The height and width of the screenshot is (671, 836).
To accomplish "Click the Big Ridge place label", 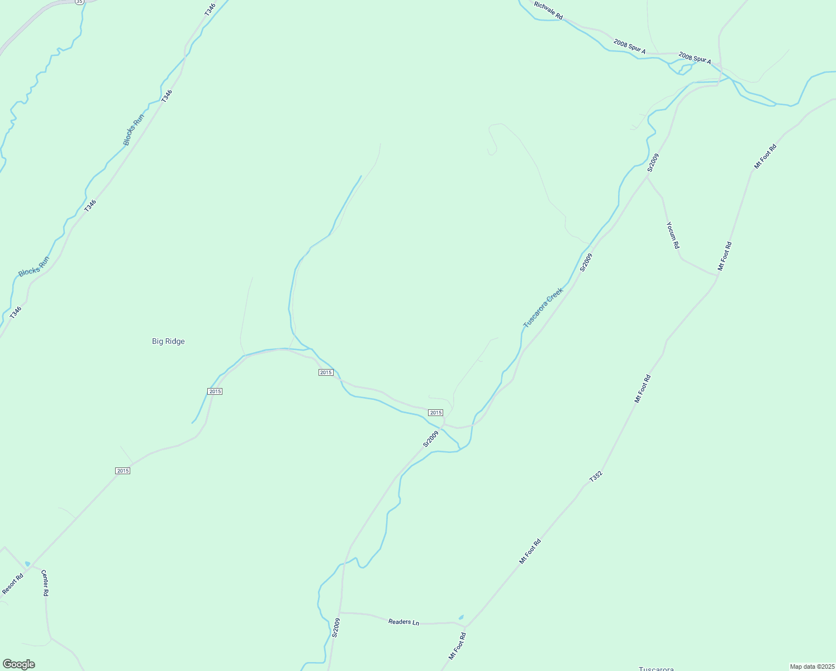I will click(168, 341).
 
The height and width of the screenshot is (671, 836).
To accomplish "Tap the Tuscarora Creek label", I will click(543, 308).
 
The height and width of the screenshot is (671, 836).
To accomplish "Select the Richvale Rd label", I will click(548, 11).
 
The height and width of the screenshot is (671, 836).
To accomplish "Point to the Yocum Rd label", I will click(673, 235).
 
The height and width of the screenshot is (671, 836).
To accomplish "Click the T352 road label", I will click(596, 477).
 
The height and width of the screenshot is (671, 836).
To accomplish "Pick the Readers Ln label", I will click(403, 621).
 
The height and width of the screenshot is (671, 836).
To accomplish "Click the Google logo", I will click(18, 664).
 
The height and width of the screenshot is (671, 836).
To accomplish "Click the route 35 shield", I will click(80, 2).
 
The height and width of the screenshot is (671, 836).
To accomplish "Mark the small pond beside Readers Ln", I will click(461, 617).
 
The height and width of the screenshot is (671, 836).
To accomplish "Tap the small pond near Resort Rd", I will click(27, 564).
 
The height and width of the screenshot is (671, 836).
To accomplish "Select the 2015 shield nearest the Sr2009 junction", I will click(435, 413).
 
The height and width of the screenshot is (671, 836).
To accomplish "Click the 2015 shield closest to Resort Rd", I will click(123, 471).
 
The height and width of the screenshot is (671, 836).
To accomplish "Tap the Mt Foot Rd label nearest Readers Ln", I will click(457, 646).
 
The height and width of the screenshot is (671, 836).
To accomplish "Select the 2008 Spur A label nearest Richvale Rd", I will click(629, 47).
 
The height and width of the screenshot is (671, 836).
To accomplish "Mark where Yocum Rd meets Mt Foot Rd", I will click(718, 275).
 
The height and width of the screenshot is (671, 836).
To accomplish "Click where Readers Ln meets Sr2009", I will click(340, 612).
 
